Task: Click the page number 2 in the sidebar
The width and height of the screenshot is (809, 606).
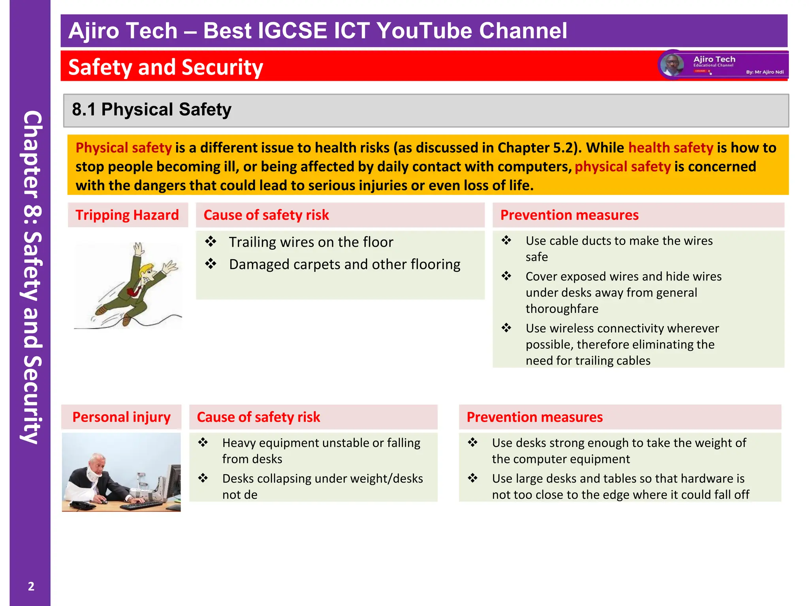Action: pyautogui.click(x=31, y=586)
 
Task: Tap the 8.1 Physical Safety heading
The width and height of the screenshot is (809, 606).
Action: pyautogui.click(x=152, y=109)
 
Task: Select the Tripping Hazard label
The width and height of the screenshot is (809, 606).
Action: pyautogui.click(x=127, y=215)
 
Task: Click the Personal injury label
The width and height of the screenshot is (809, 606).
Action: pyautogui.click(x=121, y=417)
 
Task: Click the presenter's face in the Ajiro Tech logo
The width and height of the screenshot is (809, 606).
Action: pyautogui.click(x=672, y=65)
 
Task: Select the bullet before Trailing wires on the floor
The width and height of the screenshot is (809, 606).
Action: pyautogui.click(x=211, y=241)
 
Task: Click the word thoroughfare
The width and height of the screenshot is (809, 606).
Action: pyautogui.click(x=562, y=309)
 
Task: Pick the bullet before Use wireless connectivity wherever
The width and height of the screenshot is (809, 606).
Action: pyautogui.click(x=506, y=327)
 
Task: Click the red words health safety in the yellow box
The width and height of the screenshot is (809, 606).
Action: pyautogui.click(x=670, y=148)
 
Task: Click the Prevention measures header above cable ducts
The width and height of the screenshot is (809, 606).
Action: pyautogui.click(x=569, y=215)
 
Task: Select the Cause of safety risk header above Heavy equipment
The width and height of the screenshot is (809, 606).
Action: pyautogui.click(x=258, y=417)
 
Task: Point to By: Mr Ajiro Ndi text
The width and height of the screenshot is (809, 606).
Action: pyautogui.click(x=764, y=72)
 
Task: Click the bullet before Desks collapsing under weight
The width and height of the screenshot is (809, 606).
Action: pyautogui.click(x=203, y=478)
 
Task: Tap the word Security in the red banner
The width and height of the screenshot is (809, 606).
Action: pyautogui.click(x=222, y=67)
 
